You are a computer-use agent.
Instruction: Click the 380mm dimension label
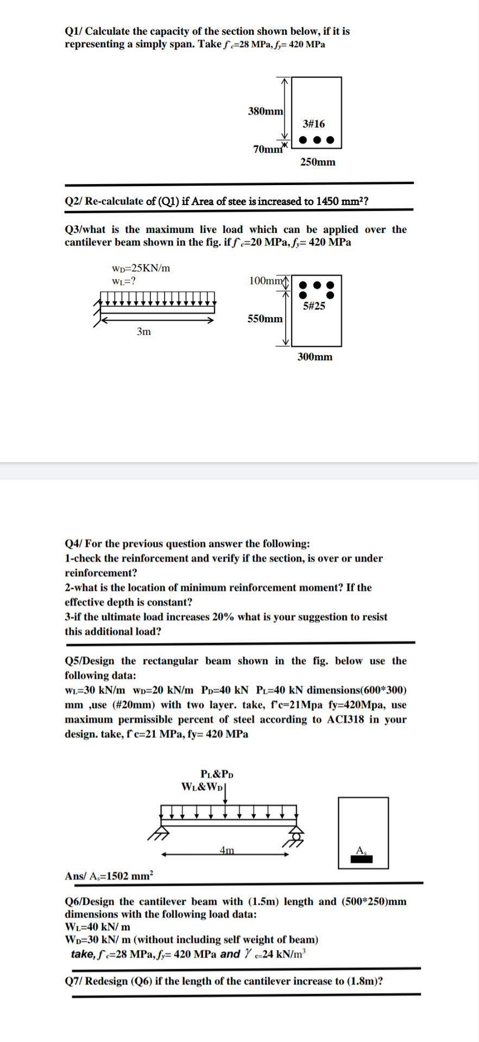pyautogui.click(x=265, y=111)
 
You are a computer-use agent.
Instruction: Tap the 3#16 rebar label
pyautogui.click(x=314, y=124)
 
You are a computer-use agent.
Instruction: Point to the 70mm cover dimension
pyautogui.click(x=268, y=149)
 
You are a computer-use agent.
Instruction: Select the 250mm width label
pyautogui.click(x=318, y=162)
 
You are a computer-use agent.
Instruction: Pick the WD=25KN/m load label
pyautogui.click(x=141, y=268)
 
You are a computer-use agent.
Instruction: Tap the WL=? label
pyautogui.click(x=124, y=281)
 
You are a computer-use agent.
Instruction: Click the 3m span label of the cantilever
pyautogui.click(x=144, y=331)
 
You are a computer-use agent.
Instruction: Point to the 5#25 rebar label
pyautogui.click(x=314, y=306)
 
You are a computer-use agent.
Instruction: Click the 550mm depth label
pyautogui.click(x=265, y=319)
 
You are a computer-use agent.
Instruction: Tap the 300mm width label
pyautogui.click(x=315, y=357)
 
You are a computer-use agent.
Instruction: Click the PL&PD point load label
pyautogui.click(x=217, y=774)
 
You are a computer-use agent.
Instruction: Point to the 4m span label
pyautogui.click(x=228, y=850)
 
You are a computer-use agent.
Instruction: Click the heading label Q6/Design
pyautogui.click(x=90, y=901)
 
